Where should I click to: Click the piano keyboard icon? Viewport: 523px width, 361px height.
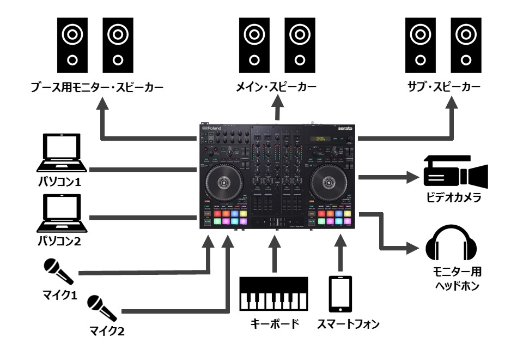click(x=274, y=294)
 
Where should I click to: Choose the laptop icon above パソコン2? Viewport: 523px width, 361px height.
click(x=60, y=213)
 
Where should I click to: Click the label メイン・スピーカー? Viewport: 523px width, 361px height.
click(x=277, y=87)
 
